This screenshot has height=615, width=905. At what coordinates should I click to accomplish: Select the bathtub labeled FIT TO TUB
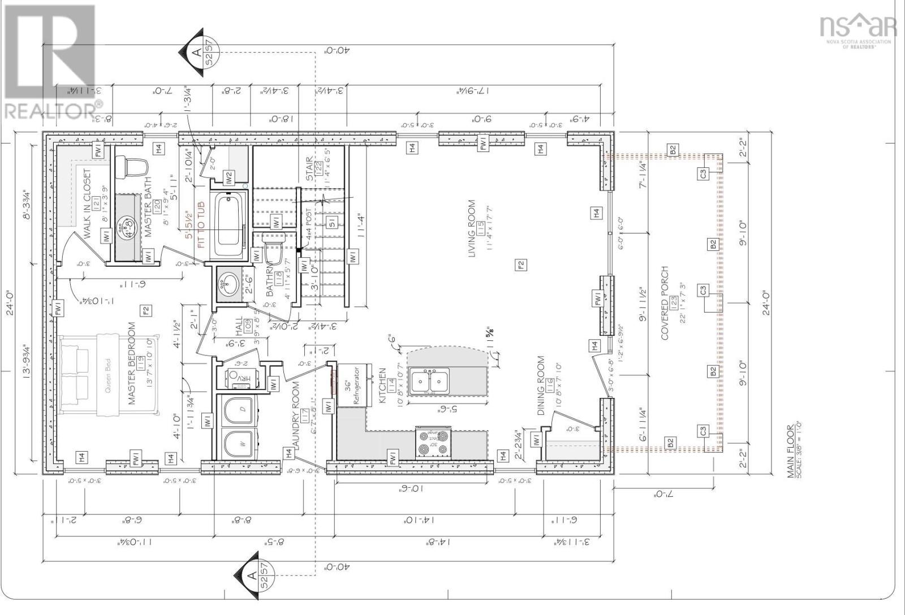point(227,225)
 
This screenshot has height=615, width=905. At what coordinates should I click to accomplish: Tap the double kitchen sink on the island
point(430,381)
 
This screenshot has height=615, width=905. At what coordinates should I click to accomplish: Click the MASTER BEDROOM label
point(132,363)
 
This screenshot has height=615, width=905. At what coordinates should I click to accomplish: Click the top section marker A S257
point(195,53)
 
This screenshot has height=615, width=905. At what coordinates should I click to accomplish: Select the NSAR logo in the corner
point(857,28)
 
